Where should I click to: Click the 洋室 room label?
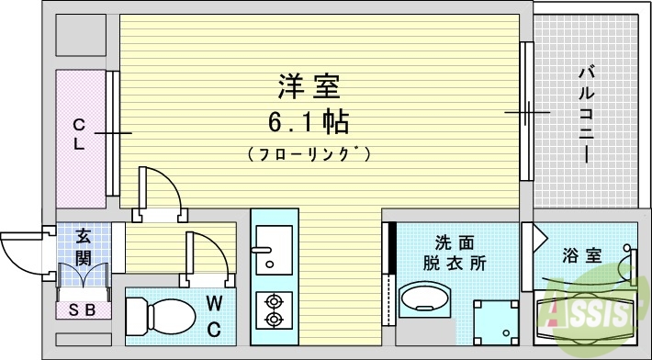(309, 87)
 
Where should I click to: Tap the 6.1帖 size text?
(309, 121)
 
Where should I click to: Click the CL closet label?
(80, 134)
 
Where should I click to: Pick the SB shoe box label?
(84, 309)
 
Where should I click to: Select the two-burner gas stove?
(273, 309)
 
